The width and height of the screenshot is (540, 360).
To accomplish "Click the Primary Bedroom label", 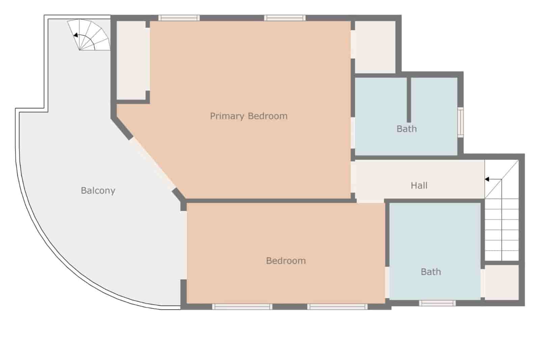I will [x=248, y=116].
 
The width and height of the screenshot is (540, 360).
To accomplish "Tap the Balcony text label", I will [x=98, y=190].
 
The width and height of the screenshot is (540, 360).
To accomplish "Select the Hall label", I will [x=419, y=185].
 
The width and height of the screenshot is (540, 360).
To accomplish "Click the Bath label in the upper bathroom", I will [x=406, y=129].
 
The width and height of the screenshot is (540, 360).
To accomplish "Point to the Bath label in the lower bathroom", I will [x=431, y=272].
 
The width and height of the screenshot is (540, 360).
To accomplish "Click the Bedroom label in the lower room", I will [x=286, y=261].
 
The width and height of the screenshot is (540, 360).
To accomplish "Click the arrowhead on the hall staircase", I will [x=487, y=179].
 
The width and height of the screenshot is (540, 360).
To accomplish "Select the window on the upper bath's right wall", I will [x=460, y=122].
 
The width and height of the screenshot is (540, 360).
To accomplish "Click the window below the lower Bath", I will [x=437, y=303].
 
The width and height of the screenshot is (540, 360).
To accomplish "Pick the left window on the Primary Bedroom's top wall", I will [x=179, y=18].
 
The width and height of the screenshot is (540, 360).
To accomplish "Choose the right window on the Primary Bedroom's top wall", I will [x=285, y=18].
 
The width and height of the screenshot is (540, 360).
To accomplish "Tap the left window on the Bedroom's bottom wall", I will [x=242, y=307].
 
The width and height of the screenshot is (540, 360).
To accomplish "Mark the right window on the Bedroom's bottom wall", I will [x=337, y=307].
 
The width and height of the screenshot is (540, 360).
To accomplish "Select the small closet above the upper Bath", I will [x=375, y=47].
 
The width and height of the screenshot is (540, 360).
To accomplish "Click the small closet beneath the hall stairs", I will [x=502, y=282].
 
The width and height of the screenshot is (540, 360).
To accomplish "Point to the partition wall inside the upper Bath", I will [x=409, y=100].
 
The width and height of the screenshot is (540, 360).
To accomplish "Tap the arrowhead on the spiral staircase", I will [x=76, y=35].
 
